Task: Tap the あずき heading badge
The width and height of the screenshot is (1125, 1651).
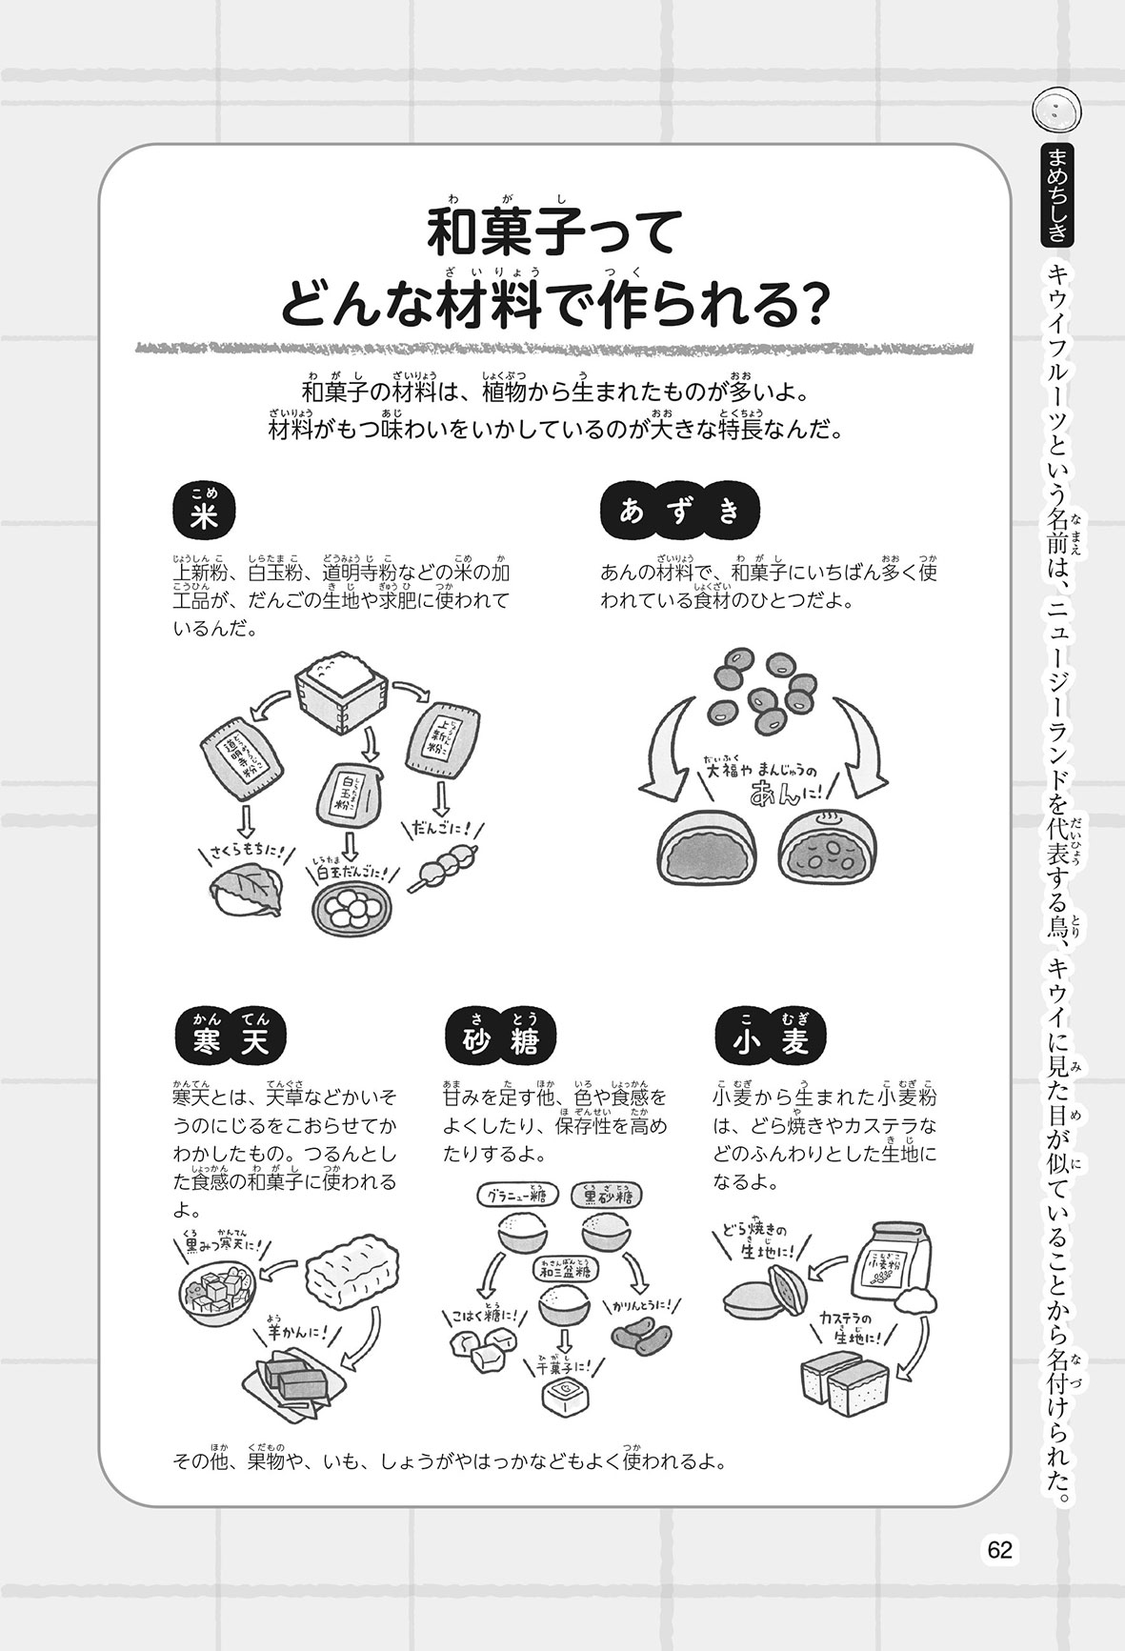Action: tap(679, 513)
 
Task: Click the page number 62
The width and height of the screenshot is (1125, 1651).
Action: tap(999, 1549)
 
